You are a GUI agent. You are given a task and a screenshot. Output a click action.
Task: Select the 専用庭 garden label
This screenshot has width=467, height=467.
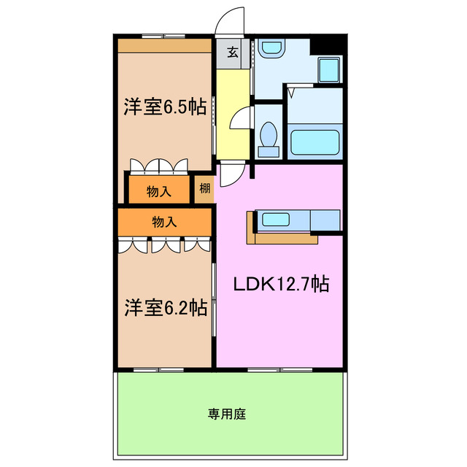pos(227,414)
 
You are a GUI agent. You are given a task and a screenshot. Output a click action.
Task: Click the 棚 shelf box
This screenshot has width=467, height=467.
pos(204,189)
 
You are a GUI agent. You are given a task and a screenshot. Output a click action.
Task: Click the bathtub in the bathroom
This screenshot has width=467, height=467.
pos(314,142)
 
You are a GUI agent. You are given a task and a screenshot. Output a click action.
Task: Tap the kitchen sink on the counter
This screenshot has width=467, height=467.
pos(279,219)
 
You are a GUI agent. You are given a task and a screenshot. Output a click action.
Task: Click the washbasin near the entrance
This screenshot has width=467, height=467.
pos(271,49)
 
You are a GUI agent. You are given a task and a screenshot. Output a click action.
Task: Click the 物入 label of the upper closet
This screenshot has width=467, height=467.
pos(158,191)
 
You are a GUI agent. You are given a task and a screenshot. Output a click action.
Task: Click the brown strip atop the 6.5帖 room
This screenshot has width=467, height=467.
pos(164,45)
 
